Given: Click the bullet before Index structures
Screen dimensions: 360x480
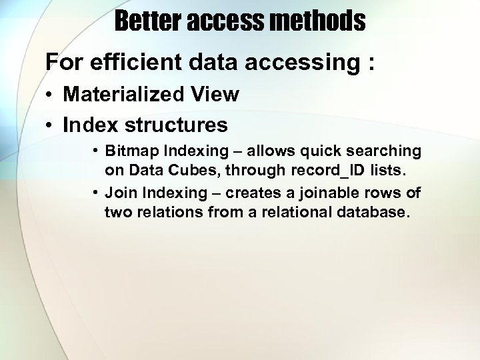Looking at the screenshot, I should pyautogui.click(x=51, y=125).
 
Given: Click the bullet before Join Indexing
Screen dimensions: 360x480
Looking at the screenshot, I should pyautogui.click(x=96, y=193).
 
